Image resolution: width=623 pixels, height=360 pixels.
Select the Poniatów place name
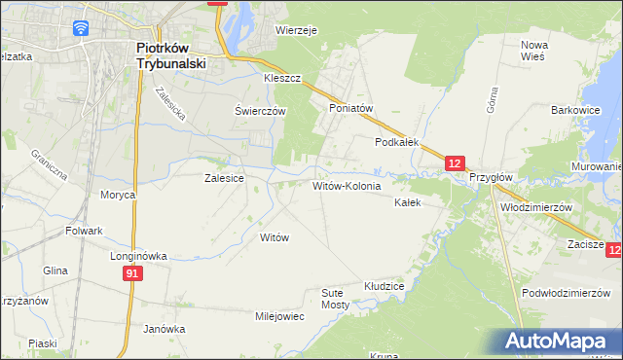pyautogui.click(x=351, y=109)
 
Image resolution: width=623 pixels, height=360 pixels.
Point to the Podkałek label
pyautogui.click(x=397, y=142)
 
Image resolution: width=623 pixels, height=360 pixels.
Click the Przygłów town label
pyautogui.click(x=490, y=179)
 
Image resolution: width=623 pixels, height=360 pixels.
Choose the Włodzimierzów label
pyautogui.click(x=534, y=208)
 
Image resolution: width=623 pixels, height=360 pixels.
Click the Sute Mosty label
pyautogui.click(x=335, y=299)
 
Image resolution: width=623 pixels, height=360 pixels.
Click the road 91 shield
pyautogui.click(x=133, y=275)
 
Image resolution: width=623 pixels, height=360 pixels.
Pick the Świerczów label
pyautogui.click(x=260, y=111)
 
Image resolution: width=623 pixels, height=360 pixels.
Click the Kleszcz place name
pyautogui.click(x=282, y=77)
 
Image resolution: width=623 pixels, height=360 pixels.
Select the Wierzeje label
pyautogui.click(x=297, y=31)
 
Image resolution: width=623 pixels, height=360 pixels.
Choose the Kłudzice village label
pyautogui.click(x=384, y=287)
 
